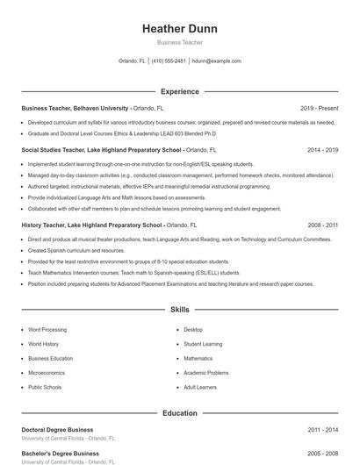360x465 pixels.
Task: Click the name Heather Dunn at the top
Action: click(179, 29)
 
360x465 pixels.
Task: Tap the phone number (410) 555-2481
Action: click(169, 61)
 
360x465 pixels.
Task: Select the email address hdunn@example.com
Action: click(216, 61)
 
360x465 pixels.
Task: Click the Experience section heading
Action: click(179, 91)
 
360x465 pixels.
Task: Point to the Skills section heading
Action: click(179, 310)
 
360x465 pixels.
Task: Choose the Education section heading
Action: click(179, 412)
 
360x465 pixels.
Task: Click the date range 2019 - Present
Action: click(319, 107)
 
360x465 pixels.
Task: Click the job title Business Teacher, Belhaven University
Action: click(74, 107)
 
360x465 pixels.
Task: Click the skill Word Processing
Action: click(48, 330)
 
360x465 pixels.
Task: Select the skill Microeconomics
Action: click(47, 372)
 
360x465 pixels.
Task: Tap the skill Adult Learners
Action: click(201, 387)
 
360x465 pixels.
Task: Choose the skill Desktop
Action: click(193, 330)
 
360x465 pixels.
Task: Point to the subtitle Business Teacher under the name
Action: click(179, 42)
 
